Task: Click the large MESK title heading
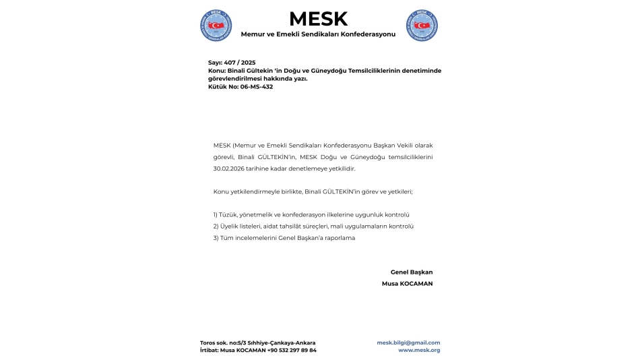319,19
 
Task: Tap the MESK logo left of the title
216,26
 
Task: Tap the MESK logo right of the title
422,26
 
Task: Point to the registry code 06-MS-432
257,87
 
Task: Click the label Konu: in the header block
217,70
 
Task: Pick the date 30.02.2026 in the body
231,168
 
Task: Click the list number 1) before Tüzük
216,214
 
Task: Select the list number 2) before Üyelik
216,226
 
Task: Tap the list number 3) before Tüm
216,238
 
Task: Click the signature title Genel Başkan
411,272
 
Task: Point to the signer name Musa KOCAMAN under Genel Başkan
407,284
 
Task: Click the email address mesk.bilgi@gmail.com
408,342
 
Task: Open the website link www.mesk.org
419,351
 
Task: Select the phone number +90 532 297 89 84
292,351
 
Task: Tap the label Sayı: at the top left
216,62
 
